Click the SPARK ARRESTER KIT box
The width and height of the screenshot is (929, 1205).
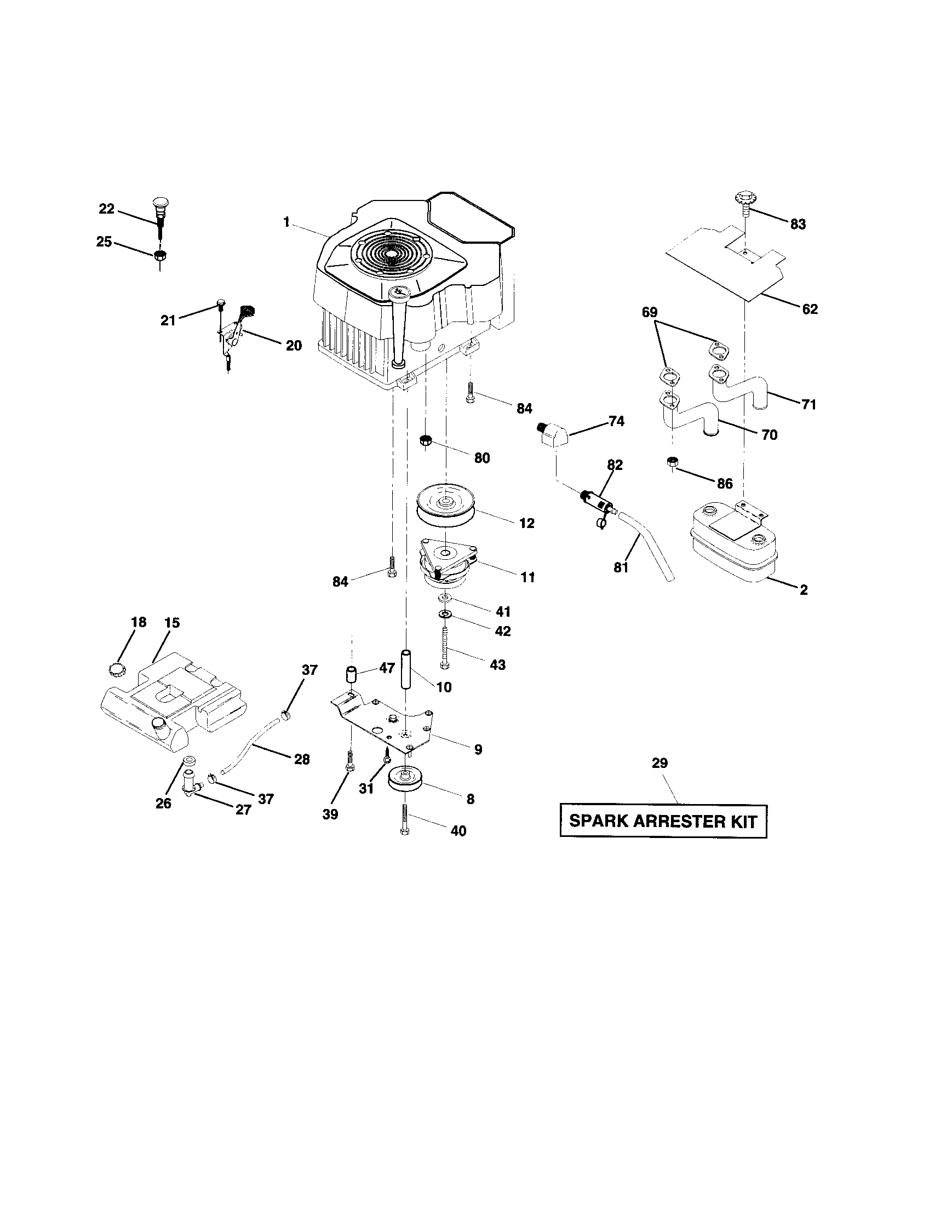(663, 821)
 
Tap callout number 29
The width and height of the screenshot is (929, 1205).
(660, 763)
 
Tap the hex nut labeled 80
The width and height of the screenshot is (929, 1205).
(425, 440)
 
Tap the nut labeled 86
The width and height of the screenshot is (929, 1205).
(672, 462)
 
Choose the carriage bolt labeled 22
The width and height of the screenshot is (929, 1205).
(160, 215)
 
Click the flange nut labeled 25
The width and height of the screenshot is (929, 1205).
(160, 256)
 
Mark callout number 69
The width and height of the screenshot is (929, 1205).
(649, 312)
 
